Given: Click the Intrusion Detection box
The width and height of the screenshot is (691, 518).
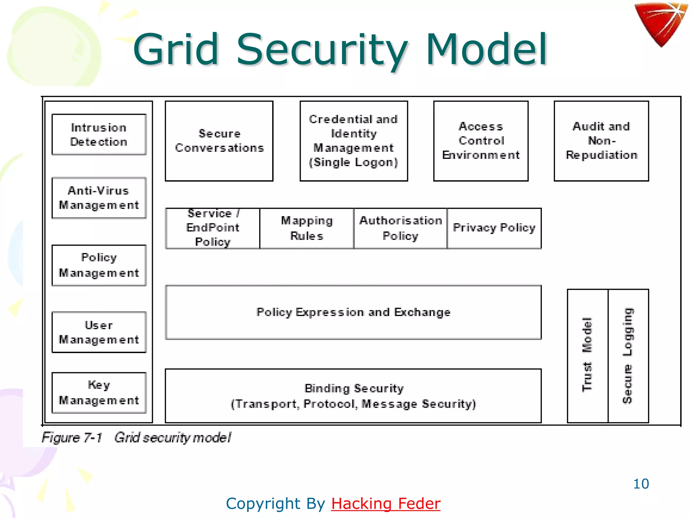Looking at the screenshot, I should pos(99,135).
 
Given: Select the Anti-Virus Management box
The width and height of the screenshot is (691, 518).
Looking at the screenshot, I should pos(99,198).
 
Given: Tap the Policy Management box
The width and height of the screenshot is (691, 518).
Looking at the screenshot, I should pos(99,265).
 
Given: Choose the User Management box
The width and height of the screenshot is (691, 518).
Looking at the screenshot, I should pos(99,332).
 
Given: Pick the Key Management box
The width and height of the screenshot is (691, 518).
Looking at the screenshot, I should pos(99,393).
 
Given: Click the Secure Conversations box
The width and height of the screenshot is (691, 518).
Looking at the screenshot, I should pos(219,141).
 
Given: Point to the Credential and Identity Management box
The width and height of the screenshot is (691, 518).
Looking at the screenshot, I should pos(354,141).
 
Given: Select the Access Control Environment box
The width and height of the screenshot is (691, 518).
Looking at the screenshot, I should pos(481,141).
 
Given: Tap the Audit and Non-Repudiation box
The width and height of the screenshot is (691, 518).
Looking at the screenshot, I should pos(601,141).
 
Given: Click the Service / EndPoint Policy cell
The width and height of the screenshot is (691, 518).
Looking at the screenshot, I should pos(213,228).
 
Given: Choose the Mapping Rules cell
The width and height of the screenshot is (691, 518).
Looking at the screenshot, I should pos(307,228).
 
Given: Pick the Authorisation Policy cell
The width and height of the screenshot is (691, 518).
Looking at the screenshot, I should pos(400,228).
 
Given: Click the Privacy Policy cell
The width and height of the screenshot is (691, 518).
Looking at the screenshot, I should pos(494,228).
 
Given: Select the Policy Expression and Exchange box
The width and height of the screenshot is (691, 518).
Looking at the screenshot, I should pos(353,312).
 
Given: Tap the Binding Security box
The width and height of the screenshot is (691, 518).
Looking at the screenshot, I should pos(353,396).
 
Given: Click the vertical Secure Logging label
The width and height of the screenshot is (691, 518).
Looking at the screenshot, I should pos(628,355).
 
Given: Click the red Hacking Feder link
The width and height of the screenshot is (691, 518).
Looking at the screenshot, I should pos(386,504).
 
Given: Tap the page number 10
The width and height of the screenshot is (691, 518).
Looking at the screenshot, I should pos(641,484).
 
